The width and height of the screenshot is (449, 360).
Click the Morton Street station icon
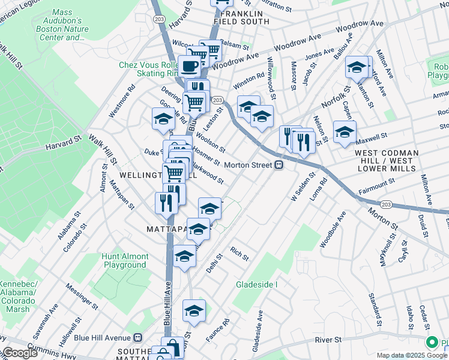(279, 166)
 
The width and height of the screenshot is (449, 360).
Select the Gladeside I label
(256, 284)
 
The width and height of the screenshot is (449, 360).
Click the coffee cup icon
(190, 66)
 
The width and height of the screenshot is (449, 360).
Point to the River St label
(328, 340)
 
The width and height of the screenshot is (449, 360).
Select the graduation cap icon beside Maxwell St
(345, 133)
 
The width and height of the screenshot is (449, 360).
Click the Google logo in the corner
(19, 353)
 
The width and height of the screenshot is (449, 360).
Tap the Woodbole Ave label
(333, 229)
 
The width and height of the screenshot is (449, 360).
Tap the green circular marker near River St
(431, 343)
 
